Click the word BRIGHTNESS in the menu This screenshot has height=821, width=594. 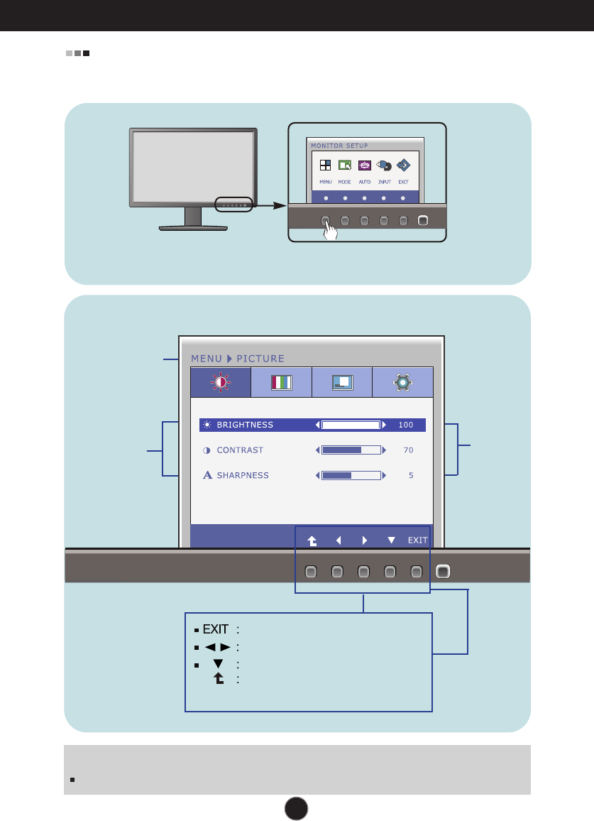[x=245, y=425]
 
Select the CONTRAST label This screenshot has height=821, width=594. [x=240, y=450]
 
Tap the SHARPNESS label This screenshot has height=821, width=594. [x=243, y=475]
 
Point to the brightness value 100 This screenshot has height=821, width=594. [x=405, y=425]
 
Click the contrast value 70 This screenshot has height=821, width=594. [x=408, y=450]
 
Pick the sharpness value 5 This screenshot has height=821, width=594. [x=411, y=475]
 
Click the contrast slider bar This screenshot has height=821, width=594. [x=351, y=450]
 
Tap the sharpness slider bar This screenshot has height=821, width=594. [x=351, y=475]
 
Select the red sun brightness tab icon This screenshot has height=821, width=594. [x=221, y=382]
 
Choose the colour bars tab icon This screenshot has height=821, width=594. [x=282, y=382]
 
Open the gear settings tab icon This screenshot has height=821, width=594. [x=403, y=382]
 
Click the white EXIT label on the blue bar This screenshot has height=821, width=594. [x=417, y=540]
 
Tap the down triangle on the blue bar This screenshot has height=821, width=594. [x=391, y=540]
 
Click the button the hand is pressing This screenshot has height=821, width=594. [x=326, y=220]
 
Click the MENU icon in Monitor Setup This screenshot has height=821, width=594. [x=326, y=165]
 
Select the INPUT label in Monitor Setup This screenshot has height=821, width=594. [x=384, y=182]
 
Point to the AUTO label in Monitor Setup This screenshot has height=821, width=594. [x=364, y=182]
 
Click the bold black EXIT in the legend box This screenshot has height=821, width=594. [x=215, y=629]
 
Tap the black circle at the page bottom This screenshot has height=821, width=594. [x=297, y=808]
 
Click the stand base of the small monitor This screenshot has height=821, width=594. [x=193, y=228]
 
